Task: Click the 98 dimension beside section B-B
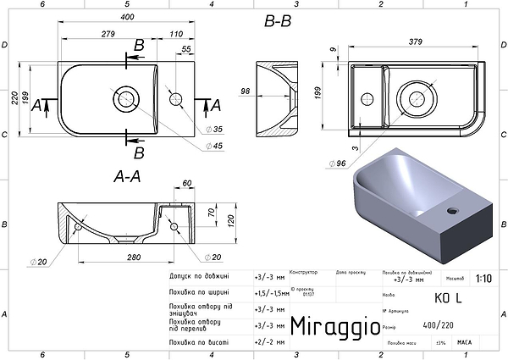246,91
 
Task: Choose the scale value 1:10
483,277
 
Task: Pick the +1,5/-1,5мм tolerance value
270,291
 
